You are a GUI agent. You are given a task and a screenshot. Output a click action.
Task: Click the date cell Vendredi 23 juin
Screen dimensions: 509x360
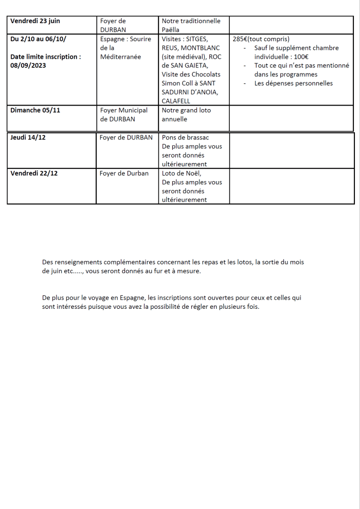[x=35, y=21]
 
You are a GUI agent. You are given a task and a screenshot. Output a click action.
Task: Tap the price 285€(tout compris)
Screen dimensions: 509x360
[x=261, y=39]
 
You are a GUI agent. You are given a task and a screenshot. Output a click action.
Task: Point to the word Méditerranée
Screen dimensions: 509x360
[x=120, y=57]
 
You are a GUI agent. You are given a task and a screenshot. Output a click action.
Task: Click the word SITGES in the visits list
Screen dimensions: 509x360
[x=197, y=39]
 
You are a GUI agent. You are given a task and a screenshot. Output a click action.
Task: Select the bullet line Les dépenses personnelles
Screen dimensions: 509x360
[x=293, y=83]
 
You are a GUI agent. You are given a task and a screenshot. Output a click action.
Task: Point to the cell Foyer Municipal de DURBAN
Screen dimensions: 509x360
[x=123, y=114]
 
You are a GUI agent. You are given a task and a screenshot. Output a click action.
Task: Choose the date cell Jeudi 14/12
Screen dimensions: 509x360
[x=28, y=137]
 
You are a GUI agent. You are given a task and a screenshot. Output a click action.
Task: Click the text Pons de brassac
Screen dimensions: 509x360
[x=185, y=137]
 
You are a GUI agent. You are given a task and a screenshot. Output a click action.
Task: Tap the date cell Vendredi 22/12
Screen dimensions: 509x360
[x=34, y=173]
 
